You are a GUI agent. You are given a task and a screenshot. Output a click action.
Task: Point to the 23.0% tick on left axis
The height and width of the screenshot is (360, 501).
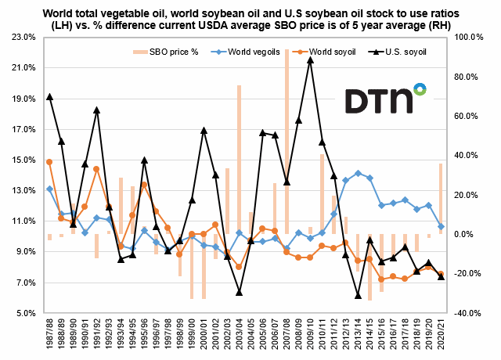click(21, 37)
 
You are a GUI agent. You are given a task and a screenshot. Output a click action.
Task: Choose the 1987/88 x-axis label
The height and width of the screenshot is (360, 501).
click(49, 333)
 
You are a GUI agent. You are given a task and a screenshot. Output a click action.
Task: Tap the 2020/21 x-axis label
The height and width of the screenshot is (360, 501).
click(441, 333)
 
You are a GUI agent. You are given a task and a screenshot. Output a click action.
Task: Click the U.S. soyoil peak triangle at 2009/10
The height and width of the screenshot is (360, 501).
click(310, 59)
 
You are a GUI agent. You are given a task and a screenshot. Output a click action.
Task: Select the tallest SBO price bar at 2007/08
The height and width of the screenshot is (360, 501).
click(287, 141)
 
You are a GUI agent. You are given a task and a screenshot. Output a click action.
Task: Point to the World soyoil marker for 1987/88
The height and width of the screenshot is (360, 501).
click(49, 162)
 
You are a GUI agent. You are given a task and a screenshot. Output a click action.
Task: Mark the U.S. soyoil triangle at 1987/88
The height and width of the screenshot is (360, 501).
click(49, 96)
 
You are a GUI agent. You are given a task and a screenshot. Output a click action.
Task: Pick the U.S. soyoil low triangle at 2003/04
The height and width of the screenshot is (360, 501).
click(239, 293)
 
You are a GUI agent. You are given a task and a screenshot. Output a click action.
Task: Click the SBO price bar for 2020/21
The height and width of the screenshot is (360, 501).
click(441, 199)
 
